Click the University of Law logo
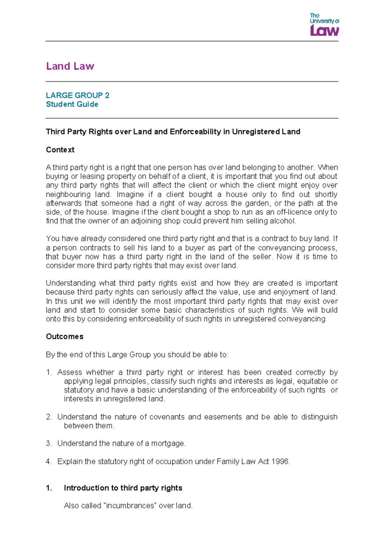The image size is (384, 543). point(324,25)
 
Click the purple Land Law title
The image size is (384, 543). point(70,66)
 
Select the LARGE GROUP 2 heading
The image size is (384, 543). point(77,95)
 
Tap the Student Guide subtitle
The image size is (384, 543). point(72,104)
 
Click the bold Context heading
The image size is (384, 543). point(60,150)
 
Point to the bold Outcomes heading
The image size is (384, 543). point(65,336)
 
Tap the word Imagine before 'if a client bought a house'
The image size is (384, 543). point(130,194)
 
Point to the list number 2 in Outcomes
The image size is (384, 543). point(49,417)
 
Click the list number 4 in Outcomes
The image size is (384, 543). point(49,461)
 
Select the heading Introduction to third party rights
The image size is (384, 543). point(123,488)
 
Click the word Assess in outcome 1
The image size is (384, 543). point(69,372)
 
